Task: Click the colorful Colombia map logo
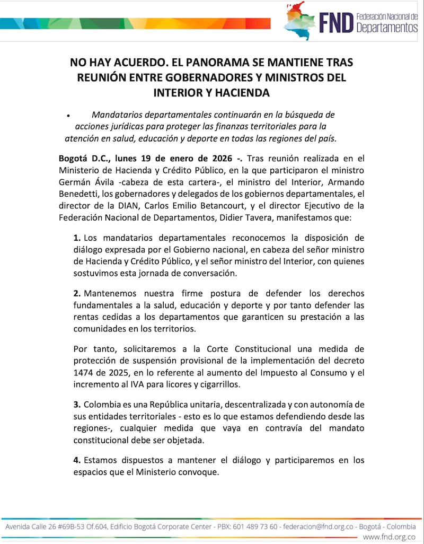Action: pos(300,21)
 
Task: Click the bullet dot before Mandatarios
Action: pos(68,115)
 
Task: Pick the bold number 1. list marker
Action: pos(77,238)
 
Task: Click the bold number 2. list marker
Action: pos(77,294)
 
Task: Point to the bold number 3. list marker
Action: pos(77,405)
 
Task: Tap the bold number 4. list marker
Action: pos(77,460)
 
